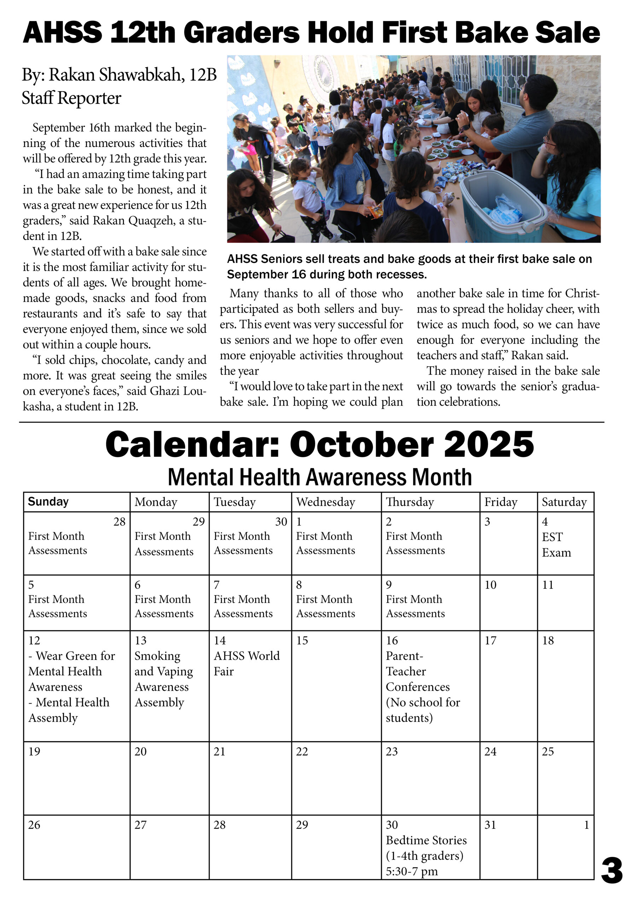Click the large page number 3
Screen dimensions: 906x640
coord(612,871)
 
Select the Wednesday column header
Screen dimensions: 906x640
coord(325,502)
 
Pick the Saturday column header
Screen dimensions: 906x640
coord(564,502)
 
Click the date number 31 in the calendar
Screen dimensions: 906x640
coord(490,825)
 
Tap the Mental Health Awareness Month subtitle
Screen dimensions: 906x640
coord(319,477)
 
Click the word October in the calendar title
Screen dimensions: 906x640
coord(362,445)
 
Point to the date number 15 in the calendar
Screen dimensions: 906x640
coord(302,641)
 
